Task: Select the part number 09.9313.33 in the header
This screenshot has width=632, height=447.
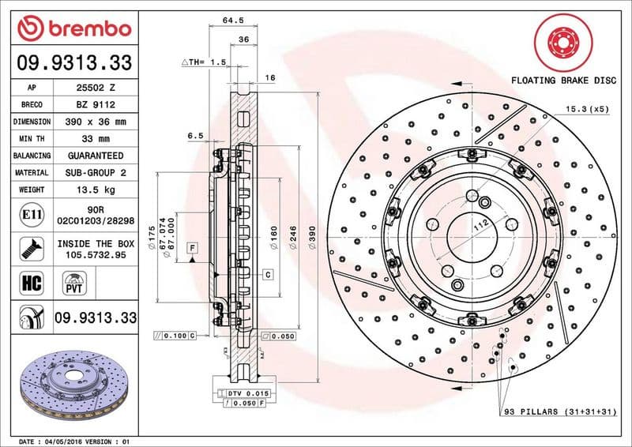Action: point(74,62)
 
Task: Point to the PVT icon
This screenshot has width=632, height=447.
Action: point(76,282)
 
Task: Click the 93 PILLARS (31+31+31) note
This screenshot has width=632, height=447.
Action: point(559,412)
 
